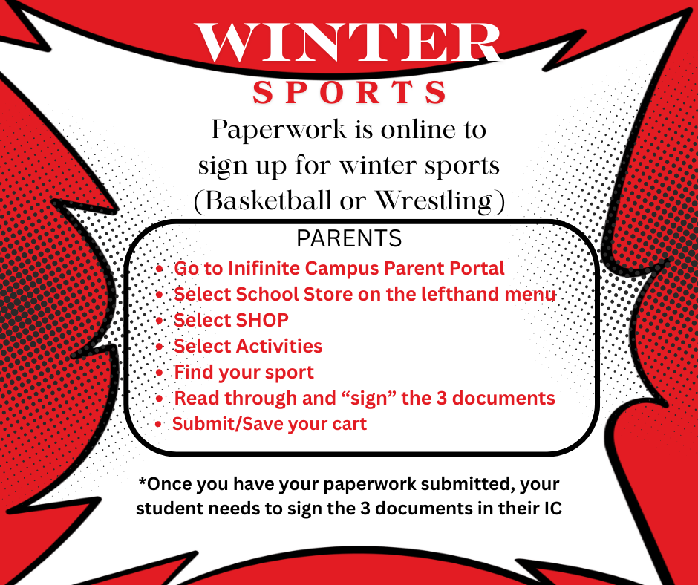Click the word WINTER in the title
(x=348, y=42)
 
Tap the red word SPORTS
(x=350, y=93)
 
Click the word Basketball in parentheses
(x=264, y=202)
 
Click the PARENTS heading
(x=349, y=239)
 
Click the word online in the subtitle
(x=417, y=130)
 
